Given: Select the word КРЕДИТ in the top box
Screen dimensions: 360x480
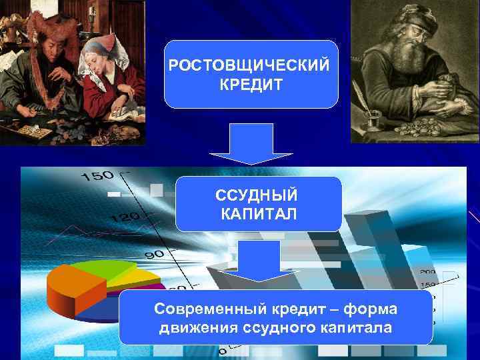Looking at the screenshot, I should click(250, 86).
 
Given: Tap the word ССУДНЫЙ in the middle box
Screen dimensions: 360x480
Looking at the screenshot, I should click(257, 197).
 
